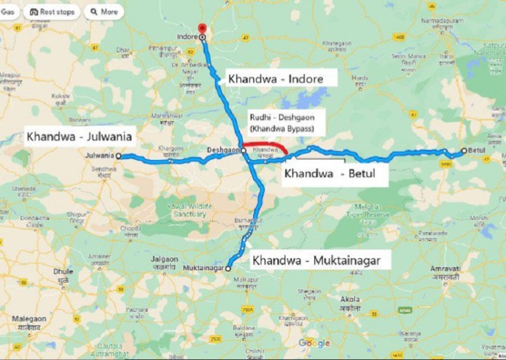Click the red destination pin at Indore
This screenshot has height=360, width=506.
[202, 28]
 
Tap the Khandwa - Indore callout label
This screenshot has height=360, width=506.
[275, 79]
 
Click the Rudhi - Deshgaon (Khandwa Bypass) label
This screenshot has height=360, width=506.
[278, 122]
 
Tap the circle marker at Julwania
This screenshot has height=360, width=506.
[118, 156]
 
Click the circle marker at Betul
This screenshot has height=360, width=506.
[464, 151]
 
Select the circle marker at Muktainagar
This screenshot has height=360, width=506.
[228, 268]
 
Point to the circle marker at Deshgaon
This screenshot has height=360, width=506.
[244, 151]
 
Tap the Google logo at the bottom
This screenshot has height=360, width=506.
[314, 343]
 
